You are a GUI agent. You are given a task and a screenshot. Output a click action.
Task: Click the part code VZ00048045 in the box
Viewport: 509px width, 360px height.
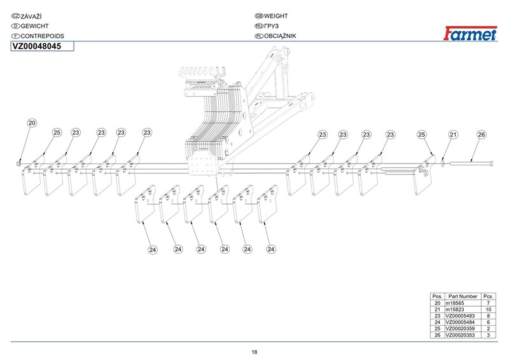click(37, 46)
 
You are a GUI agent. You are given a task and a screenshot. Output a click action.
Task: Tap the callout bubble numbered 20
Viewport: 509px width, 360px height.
click(32, 123)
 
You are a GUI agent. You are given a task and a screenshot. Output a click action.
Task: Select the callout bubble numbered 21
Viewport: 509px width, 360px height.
click(454, 135)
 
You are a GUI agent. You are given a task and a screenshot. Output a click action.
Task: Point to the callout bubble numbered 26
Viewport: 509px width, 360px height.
click(481, 135)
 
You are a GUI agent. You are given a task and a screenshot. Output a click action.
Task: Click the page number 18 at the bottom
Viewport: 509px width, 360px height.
click(254, 352)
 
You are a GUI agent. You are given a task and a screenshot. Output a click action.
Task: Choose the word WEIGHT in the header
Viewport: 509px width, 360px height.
click(276, 15)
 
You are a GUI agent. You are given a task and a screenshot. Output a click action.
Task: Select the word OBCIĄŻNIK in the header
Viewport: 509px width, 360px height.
click(281, 36)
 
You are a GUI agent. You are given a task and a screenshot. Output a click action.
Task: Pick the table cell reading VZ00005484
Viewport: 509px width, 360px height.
click(461, 322)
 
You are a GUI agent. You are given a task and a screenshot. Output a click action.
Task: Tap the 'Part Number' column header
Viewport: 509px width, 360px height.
click(463, 296)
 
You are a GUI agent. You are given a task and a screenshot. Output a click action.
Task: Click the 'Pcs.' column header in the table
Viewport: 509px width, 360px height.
click(489, 296)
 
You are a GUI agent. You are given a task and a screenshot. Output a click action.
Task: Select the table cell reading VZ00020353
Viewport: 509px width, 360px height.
click(461, 335)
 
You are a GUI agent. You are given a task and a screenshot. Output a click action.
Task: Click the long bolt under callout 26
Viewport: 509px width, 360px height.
click(474, 164)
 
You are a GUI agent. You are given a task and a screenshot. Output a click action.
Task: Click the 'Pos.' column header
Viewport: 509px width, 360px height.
click(437, 296)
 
